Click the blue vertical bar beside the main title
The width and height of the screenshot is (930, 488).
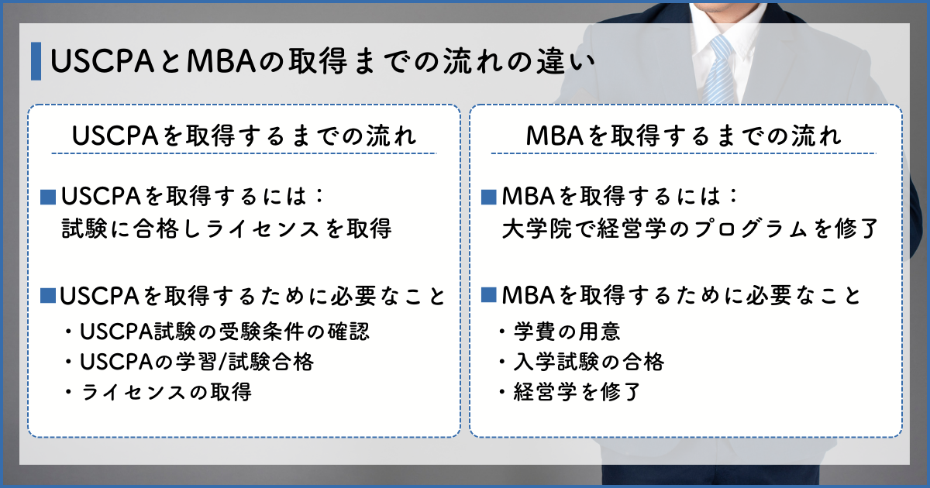click(36, 61)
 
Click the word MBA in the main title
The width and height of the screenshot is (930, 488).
click(221, 61)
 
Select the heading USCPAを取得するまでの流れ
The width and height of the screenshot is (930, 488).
click(244, 136)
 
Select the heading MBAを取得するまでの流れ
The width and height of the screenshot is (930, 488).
click(684, 136)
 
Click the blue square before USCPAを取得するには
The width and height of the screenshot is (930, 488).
click(48, 197)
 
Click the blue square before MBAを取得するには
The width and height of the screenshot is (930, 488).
click(489, 197)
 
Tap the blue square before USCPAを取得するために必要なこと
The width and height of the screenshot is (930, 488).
click(48, 296)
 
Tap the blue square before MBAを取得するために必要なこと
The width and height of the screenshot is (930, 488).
click(489, 295)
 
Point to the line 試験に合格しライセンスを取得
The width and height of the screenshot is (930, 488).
click(226, 229)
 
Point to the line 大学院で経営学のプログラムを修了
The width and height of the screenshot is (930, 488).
click(690, 229)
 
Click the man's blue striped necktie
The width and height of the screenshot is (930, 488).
click(719, 69)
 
